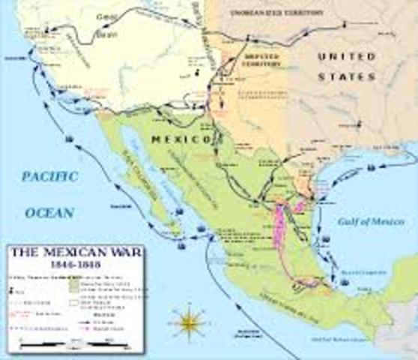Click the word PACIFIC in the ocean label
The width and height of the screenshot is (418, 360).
[49, 177]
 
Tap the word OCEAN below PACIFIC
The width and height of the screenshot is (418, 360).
[50, 212]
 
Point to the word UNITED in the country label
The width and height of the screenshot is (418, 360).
[345, 56]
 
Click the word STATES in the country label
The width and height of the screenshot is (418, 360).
[345, 76]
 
